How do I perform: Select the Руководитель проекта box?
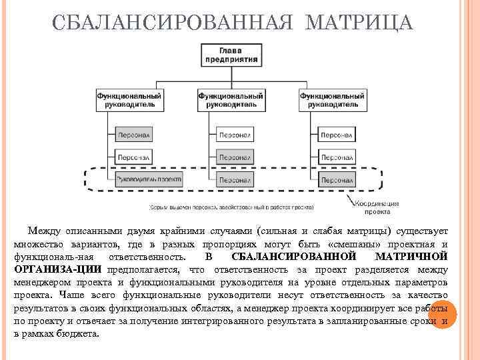pos(148,179)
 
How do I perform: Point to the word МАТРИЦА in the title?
pos(359,24)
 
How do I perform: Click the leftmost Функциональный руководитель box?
pos(129,100)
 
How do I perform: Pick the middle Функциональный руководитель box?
pos(230,100)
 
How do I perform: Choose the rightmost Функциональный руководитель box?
pos(331,100)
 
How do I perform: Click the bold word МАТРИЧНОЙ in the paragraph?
pos(411,257)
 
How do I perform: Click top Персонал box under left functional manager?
pos(134,134)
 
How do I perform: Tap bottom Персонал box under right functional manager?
pos(337,179)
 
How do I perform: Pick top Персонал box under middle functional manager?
pos(235,134)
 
